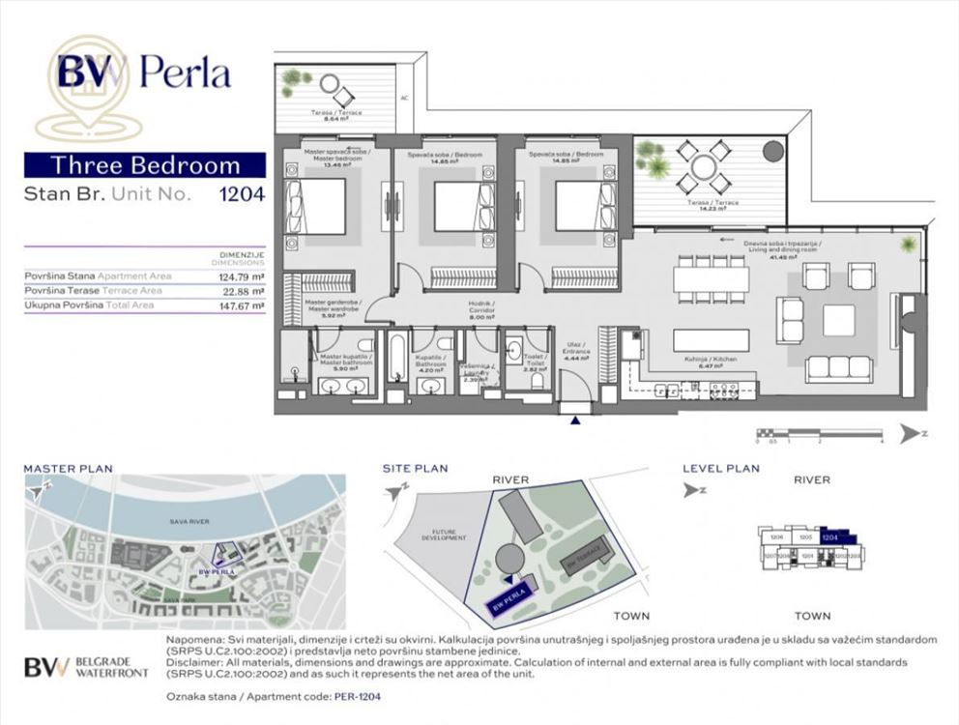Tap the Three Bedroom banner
pyautogui.click(x=145, y=164)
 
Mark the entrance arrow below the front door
pyautogui.click(x=576, y=420)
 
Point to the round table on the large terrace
pyautogui.click(x=703, y=167)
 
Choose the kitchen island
pyautogui.click(x=712, y=340)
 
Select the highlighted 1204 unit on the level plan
pyautogui.click(x=832, y=536)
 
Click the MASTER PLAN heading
pyautogui.click(x=68, y=469)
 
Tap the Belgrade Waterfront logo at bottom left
pyautogui.click(x=85, y=667)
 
